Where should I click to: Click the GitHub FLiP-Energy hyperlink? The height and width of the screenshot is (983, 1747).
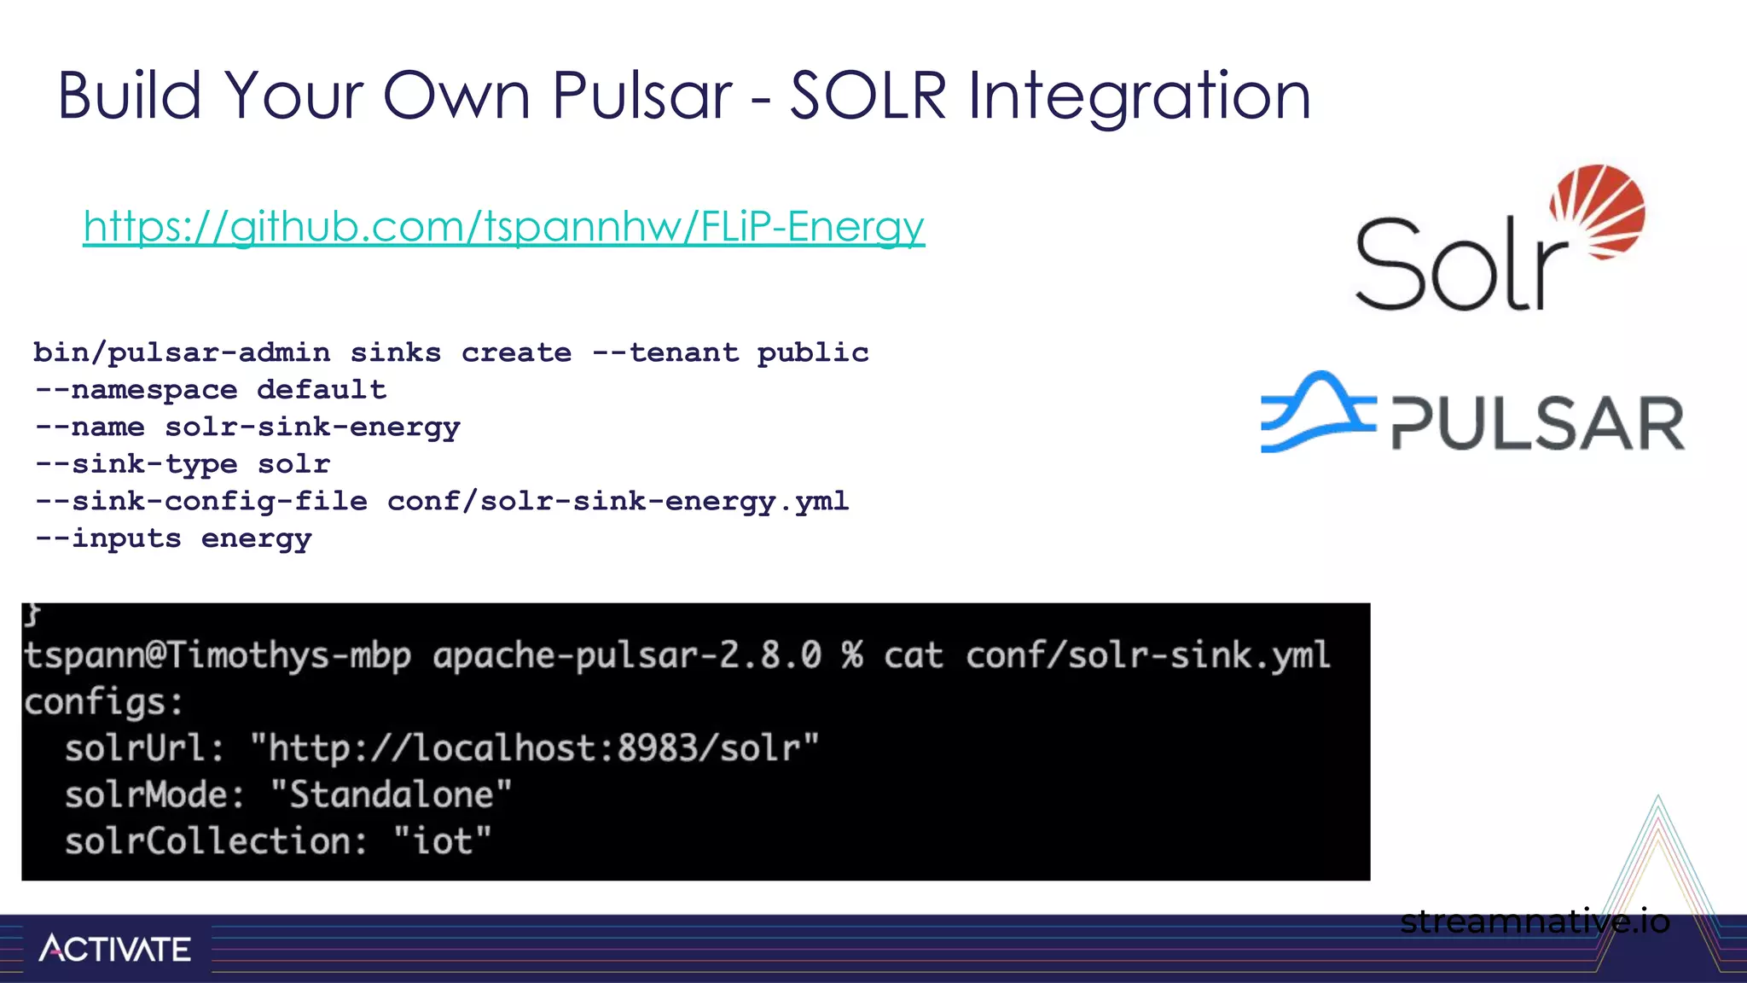pyautogui.click(x=503, y=227)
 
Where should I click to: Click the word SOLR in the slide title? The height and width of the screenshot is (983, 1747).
pyautogui.click(x=868, y=96)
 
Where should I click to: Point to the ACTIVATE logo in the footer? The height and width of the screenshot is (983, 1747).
pyautogui.click(x=115, y=949)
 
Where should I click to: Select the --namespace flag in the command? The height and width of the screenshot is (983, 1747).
pyautogui.click(x=136, y=390)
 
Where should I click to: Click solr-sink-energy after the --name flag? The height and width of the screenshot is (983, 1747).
pyautogui.click(x=312, y=427)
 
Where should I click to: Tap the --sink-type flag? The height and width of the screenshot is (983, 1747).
pyautogui.click(x=136, y=464)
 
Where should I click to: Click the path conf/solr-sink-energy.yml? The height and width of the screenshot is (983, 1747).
pyautogui.click(x=618, y=501)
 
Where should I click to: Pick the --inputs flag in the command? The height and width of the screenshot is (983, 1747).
pyautogui.click(x=108, y=538)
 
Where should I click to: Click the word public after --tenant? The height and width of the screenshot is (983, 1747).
pyautogui.click(x=812, y=352)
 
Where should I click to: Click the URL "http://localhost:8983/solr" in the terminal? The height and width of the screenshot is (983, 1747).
pyautogui.click(x=534, y=748)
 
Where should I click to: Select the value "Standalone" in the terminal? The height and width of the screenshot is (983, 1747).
pyautogui.click(x=391, y=795)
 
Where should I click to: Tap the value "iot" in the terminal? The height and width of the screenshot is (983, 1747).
pyautogui.click(x=442, y=841)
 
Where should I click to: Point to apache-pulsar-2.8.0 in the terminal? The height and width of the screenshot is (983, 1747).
pyautogui.click(x=627, y=656)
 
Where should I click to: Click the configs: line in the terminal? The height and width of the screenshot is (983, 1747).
pyautogui.click(x=103, y=702)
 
